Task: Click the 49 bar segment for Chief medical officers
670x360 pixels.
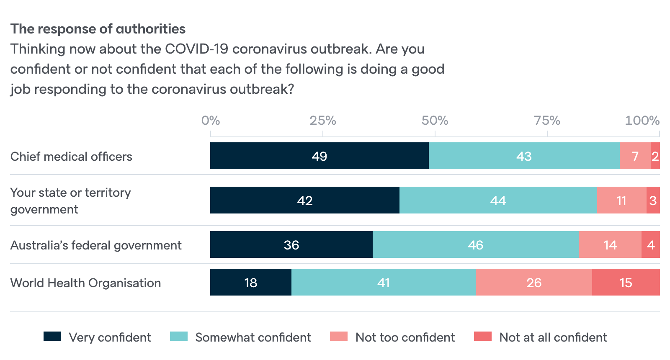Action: click(x=319, y=156)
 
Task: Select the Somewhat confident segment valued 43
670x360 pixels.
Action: click(x=524, y=156)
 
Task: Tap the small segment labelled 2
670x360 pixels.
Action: click(x=655, y=156)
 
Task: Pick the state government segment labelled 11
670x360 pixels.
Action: click(x=621, y=200)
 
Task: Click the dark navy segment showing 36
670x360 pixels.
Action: click(x=291, y=244)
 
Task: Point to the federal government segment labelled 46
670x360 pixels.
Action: click(x=475, y=244)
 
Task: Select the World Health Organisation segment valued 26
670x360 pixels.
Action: click(x=534, y=282)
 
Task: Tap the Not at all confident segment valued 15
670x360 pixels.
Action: click(x=626, y=282)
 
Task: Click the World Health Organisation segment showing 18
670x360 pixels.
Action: click(x=250, y=282)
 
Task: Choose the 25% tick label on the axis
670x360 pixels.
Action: click(x=322, y=121)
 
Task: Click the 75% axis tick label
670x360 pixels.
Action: click(x=547, y=121)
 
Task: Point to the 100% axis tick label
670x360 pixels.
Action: click(x=642, y=121)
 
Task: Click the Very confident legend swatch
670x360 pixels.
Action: click(x=52, y=336)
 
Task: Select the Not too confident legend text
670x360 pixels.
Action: click(x=405, y=337)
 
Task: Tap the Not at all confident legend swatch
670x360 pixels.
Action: click(x=482, y=336)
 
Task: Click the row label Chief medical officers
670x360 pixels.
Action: click(x=71, y=157)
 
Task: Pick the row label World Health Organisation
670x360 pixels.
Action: click(x=85, y=283)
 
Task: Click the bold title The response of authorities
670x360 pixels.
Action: click(x=98, y=29)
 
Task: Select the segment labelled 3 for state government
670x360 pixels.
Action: click(x=653, y=200)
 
